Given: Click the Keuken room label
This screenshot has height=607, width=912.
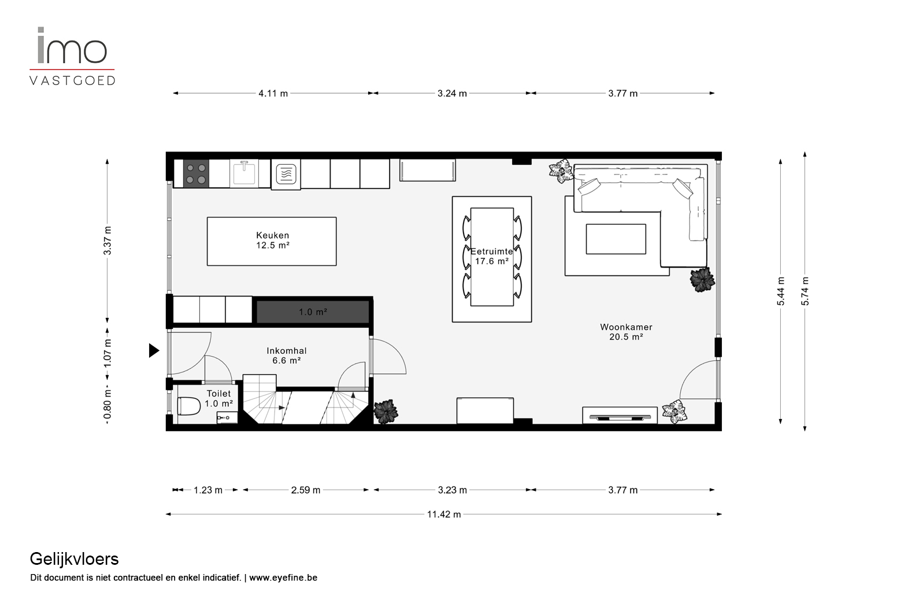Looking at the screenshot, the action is coord(272,235).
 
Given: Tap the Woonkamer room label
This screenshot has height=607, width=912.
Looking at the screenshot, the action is coord(626,327).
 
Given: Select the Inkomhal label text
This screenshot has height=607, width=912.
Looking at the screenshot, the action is coord(287,350).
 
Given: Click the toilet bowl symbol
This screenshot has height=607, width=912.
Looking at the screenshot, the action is coord(189,406).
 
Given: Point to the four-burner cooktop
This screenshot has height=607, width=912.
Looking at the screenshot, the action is coord(196,173).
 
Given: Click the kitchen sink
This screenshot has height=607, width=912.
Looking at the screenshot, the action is coord(244,173).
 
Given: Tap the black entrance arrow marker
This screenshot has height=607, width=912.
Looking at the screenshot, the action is coord(154,350).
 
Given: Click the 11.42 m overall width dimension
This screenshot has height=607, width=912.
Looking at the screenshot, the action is coord(444,514).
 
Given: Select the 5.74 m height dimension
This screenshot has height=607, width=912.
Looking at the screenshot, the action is coord(805,291).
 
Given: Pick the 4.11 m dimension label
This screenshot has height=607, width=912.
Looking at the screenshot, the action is coord(273,93).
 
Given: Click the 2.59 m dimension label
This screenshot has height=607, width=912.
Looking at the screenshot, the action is coord(305,490).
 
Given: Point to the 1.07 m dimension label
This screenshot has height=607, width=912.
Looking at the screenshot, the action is coord(107,353).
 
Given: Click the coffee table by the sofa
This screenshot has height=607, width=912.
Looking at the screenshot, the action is coord(616,239).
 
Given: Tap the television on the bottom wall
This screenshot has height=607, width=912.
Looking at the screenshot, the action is coord(619,417).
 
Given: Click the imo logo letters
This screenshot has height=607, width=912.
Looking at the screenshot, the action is coord(72,45).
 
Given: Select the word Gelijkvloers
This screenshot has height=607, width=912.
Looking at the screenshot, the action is coord(74,559).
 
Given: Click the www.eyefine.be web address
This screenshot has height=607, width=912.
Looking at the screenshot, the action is coord(283,578).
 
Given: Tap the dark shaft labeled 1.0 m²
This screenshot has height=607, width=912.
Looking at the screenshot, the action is coord(313,312).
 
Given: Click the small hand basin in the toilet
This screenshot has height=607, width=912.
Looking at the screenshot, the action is coord(227,417).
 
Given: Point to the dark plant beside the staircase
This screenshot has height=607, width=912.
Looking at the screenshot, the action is coord(385,412).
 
